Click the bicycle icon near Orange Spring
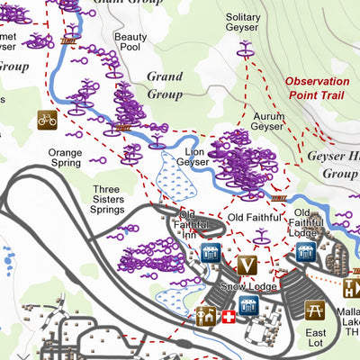click(x=47, y=119)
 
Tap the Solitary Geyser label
click(x=243, y=23)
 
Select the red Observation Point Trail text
click(x=317, y=87)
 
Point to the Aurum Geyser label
click(x=267, y=122)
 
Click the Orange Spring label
click(x=65, y=158)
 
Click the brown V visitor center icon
click(x=247, y=265)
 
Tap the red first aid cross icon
click(x=229, y=317)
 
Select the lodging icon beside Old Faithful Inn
click(x=212, y=254)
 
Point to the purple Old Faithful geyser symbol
click(x=261, y=237)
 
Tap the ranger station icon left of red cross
click(x=206, y=316)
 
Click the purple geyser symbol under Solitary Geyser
click(x=244, y=51)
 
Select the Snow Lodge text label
click(x=229, y=288)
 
